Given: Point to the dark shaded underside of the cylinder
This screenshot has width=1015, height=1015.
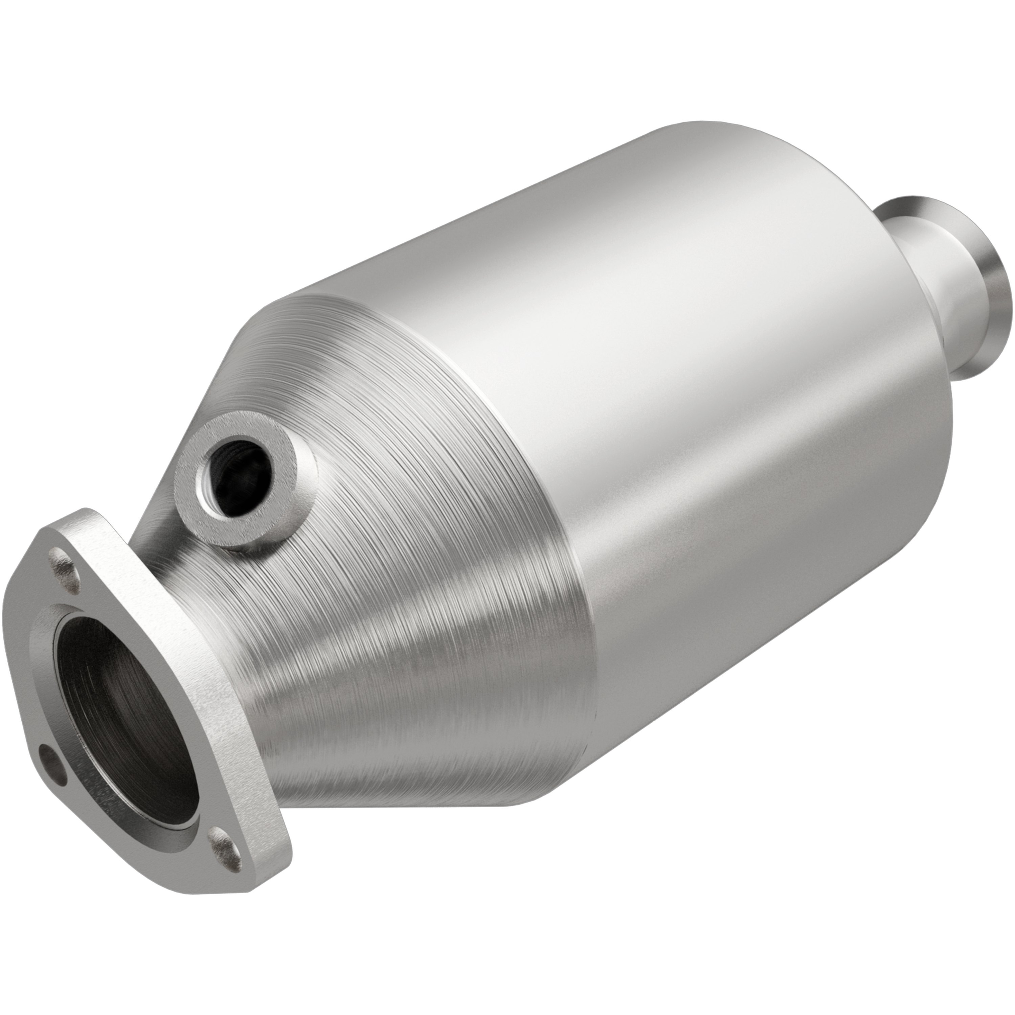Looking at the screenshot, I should click(x=736, y=630).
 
